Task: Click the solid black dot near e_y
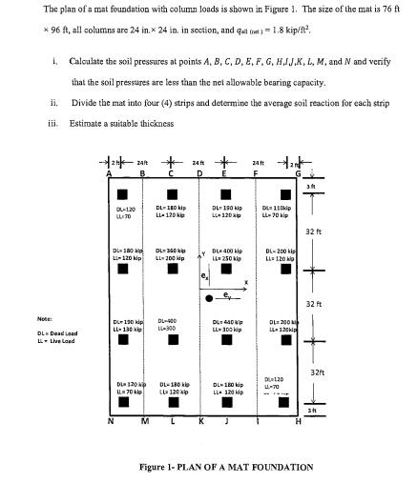(x=209, y=272)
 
